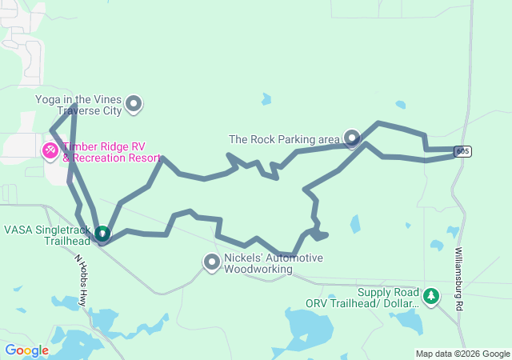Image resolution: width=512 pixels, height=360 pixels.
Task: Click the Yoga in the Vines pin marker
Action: (x=134, y=103)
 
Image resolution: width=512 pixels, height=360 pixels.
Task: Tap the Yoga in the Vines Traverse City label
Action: (x=78, y=104)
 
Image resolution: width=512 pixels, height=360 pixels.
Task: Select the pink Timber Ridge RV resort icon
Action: (x=50, y=150)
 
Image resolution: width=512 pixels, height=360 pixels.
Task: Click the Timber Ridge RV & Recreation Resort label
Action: (x=112, y=152)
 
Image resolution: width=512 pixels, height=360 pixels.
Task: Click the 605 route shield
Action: (x=462, y=151)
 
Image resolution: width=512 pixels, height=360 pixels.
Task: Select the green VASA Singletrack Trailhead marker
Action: (x=102, y=234)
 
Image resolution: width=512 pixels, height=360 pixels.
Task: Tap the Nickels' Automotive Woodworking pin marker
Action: (x=212, y=262)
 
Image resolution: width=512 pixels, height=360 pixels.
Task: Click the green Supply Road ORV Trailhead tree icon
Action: (x=431, y=297)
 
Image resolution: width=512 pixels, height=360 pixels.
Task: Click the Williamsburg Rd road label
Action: (x=459, y=279)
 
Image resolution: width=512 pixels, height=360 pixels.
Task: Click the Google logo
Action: (x=27, y=350)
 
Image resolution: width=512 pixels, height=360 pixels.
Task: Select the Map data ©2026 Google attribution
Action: (x=462, y=354)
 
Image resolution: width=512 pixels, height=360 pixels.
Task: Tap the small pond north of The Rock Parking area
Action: (x=266, y=99)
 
